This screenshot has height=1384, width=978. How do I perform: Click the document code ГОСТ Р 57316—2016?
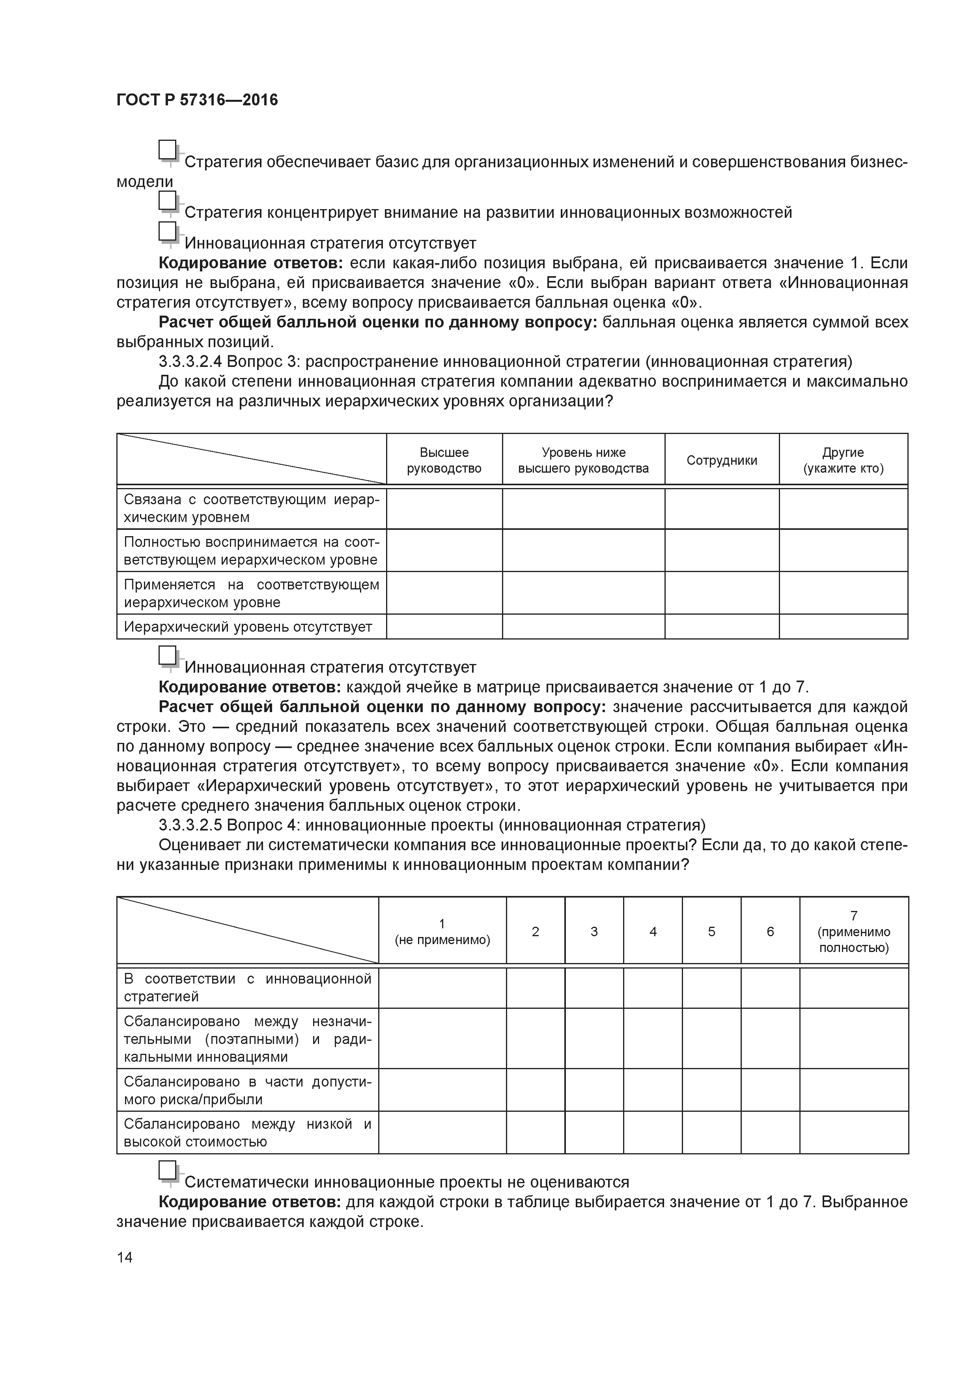(x=197, y=100)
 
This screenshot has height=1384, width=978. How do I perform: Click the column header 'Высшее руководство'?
(x=444, y=460)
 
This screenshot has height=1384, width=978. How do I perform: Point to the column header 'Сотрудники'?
(x=721, y=460)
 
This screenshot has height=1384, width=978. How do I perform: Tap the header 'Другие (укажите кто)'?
(x=843, y=460)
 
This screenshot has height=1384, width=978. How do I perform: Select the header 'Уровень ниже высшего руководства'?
(x=583, y=460)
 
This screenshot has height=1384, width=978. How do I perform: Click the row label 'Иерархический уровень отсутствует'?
(x=248, y=627)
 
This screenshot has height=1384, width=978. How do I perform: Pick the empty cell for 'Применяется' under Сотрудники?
(x=721, y=593)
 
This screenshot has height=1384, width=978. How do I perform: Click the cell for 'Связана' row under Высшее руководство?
(x=444, y=509)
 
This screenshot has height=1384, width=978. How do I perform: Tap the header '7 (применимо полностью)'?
(x=853, y=932)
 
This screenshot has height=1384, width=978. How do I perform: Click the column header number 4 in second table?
(x=653, y=932)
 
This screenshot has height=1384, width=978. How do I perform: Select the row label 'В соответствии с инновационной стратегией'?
(x=248, y=988)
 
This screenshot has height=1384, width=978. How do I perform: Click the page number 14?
(x=125, y=1257)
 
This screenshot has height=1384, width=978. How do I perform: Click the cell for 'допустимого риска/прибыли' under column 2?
(x=535, y=1090)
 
